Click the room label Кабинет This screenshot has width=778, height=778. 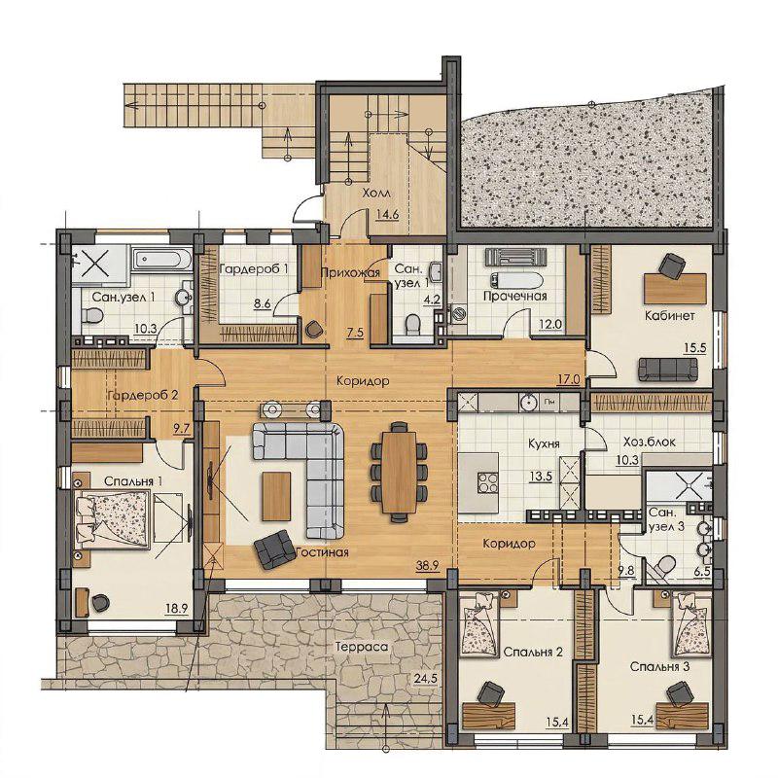point(670,315)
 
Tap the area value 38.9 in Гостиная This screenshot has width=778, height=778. point(428,565)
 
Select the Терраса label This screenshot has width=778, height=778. point(361,647)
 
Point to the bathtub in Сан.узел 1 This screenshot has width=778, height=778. point(161,260)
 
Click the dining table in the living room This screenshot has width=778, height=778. point(399,472)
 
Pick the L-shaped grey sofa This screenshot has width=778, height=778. point(306,474)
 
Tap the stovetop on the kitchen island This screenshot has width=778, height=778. point(488,482)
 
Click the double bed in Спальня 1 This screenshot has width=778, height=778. point(112,520)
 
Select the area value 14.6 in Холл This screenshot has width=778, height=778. point(387,215)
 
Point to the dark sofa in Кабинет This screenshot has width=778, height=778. point(668,370)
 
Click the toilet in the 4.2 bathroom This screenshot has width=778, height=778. point(412,325)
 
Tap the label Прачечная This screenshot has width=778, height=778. point(515,297)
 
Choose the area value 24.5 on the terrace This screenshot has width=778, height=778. point(425,678)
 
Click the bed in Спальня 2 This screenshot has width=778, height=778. point(479,623)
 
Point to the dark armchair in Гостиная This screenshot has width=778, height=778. point(273,548)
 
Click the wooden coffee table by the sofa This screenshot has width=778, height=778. point(276,496)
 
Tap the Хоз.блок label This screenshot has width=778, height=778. point(649,442)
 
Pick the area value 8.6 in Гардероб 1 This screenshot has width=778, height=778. point(262,302)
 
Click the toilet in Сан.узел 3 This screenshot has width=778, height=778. point(662,566)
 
